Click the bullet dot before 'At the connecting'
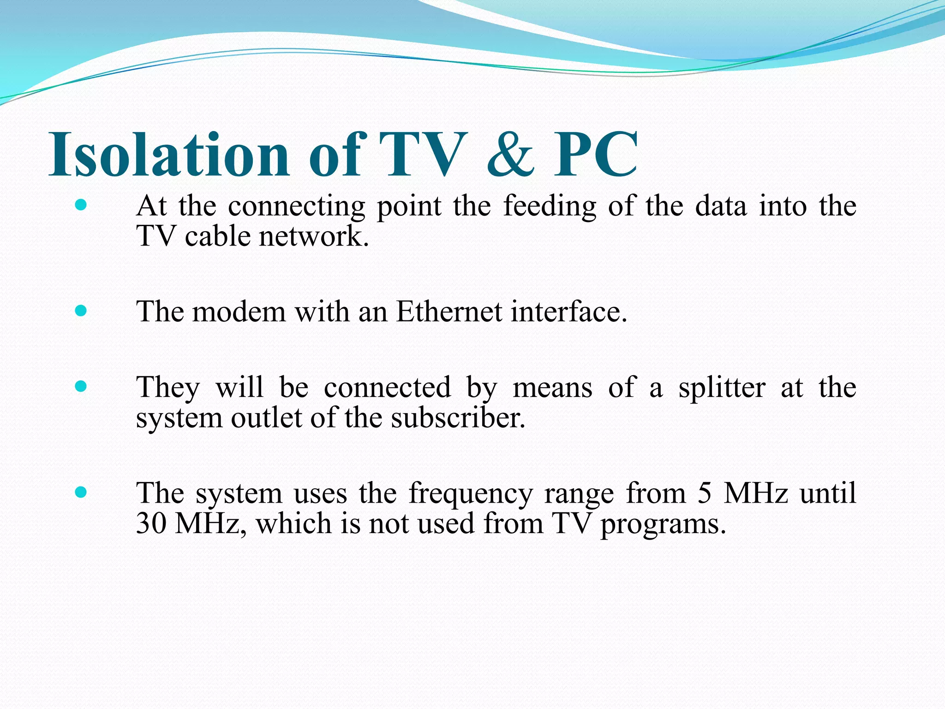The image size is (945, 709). (x=81, y=205)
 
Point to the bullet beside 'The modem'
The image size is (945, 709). (x=81, y=311)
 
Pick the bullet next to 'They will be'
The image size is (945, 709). (x=81, y=386)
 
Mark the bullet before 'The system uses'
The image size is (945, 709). (x=81, y=493)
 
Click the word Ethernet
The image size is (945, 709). (x=449, y=311)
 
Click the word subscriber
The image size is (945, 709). (x=458, y=418)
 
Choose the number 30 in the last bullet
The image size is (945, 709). (x=151, y=523)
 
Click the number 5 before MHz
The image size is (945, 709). (x=704, y=493)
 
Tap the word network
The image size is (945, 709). (x=314, y=236)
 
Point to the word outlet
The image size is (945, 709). (x=266, y=418)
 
